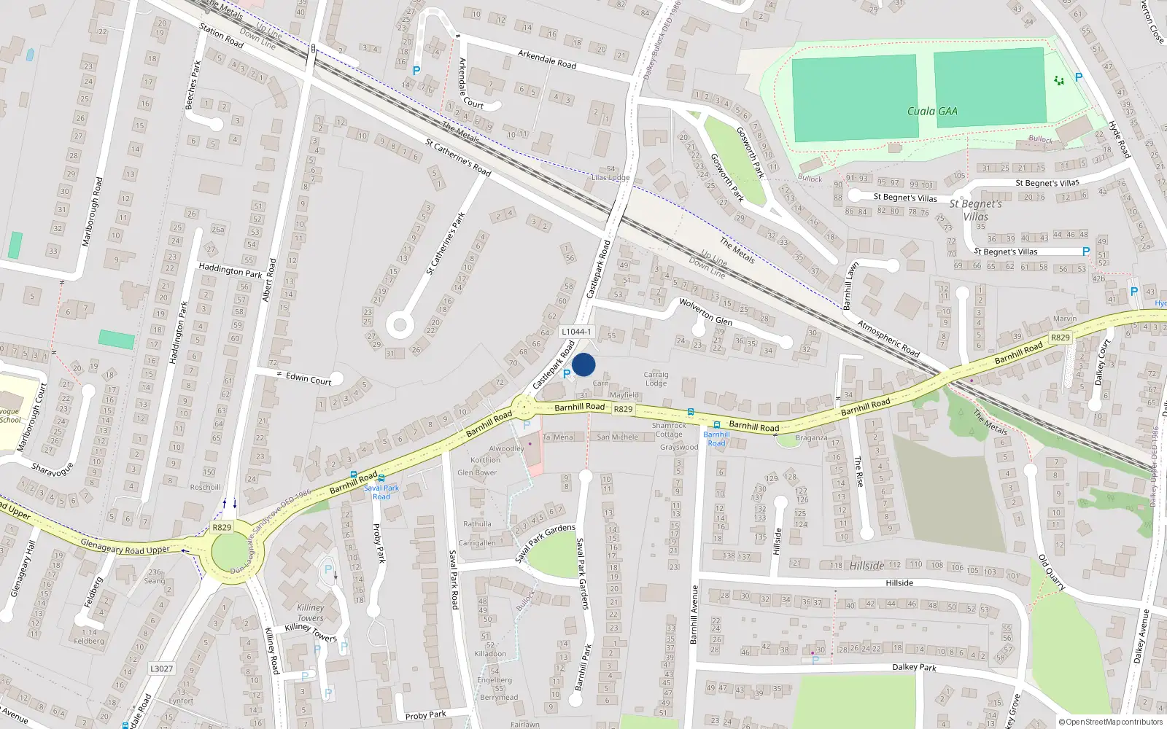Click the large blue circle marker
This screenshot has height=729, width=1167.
coord(583,364)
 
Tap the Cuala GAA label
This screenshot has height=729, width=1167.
coord(932,112)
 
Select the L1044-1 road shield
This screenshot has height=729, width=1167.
coord(576,332)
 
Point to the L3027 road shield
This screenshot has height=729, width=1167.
coord(161,668)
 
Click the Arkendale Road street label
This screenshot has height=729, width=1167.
coord(547,59)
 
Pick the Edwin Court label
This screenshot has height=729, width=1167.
coord(309,378)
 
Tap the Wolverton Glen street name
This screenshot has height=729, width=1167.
coord(705,311)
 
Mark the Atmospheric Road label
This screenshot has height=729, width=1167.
coord(888,338)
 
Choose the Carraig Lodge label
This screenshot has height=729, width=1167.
coord(656,379)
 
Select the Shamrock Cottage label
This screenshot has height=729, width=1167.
coord(669,429)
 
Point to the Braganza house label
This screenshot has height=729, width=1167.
coord(811,438)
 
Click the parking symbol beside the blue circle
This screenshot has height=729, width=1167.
coord(567,374)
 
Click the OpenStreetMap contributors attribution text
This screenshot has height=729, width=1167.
coord(1110,722)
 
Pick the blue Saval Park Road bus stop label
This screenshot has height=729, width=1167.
coord(381,492)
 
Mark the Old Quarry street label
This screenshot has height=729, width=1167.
coord(1052,573)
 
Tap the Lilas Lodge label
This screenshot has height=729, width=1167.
coord(610,178)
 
